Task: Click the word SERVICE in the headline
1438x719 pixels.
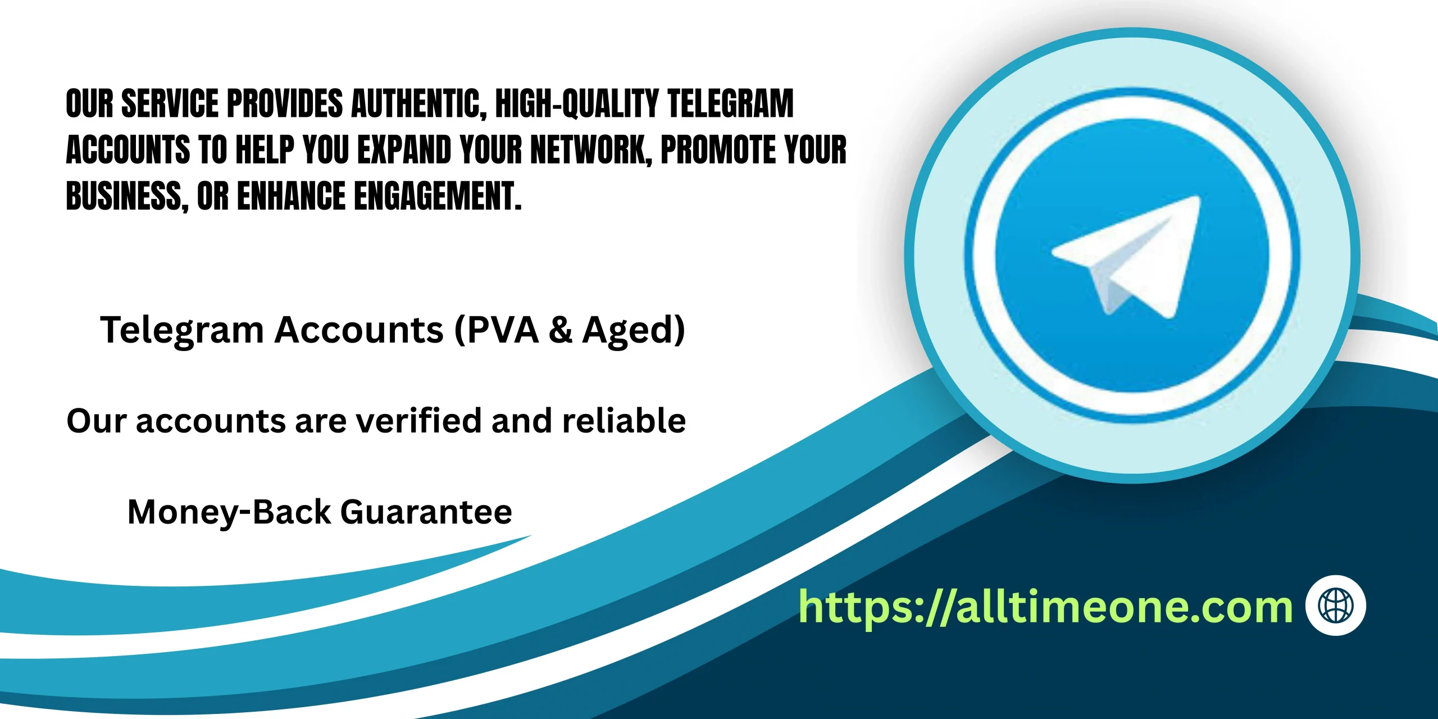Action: tap(170, 103)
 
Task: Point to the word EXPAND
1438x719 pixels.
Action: tap(404, 150)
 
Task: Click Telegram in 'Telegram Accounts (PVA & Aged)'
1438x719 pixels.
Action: tap(182, 331)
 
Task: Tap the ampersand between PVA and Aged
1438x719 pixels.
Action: tap(561, 330)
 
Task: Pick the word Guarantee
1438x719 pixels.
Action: tap(426, 512)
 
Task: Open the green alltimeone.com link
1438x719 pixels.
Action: tap(1045, 607)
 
